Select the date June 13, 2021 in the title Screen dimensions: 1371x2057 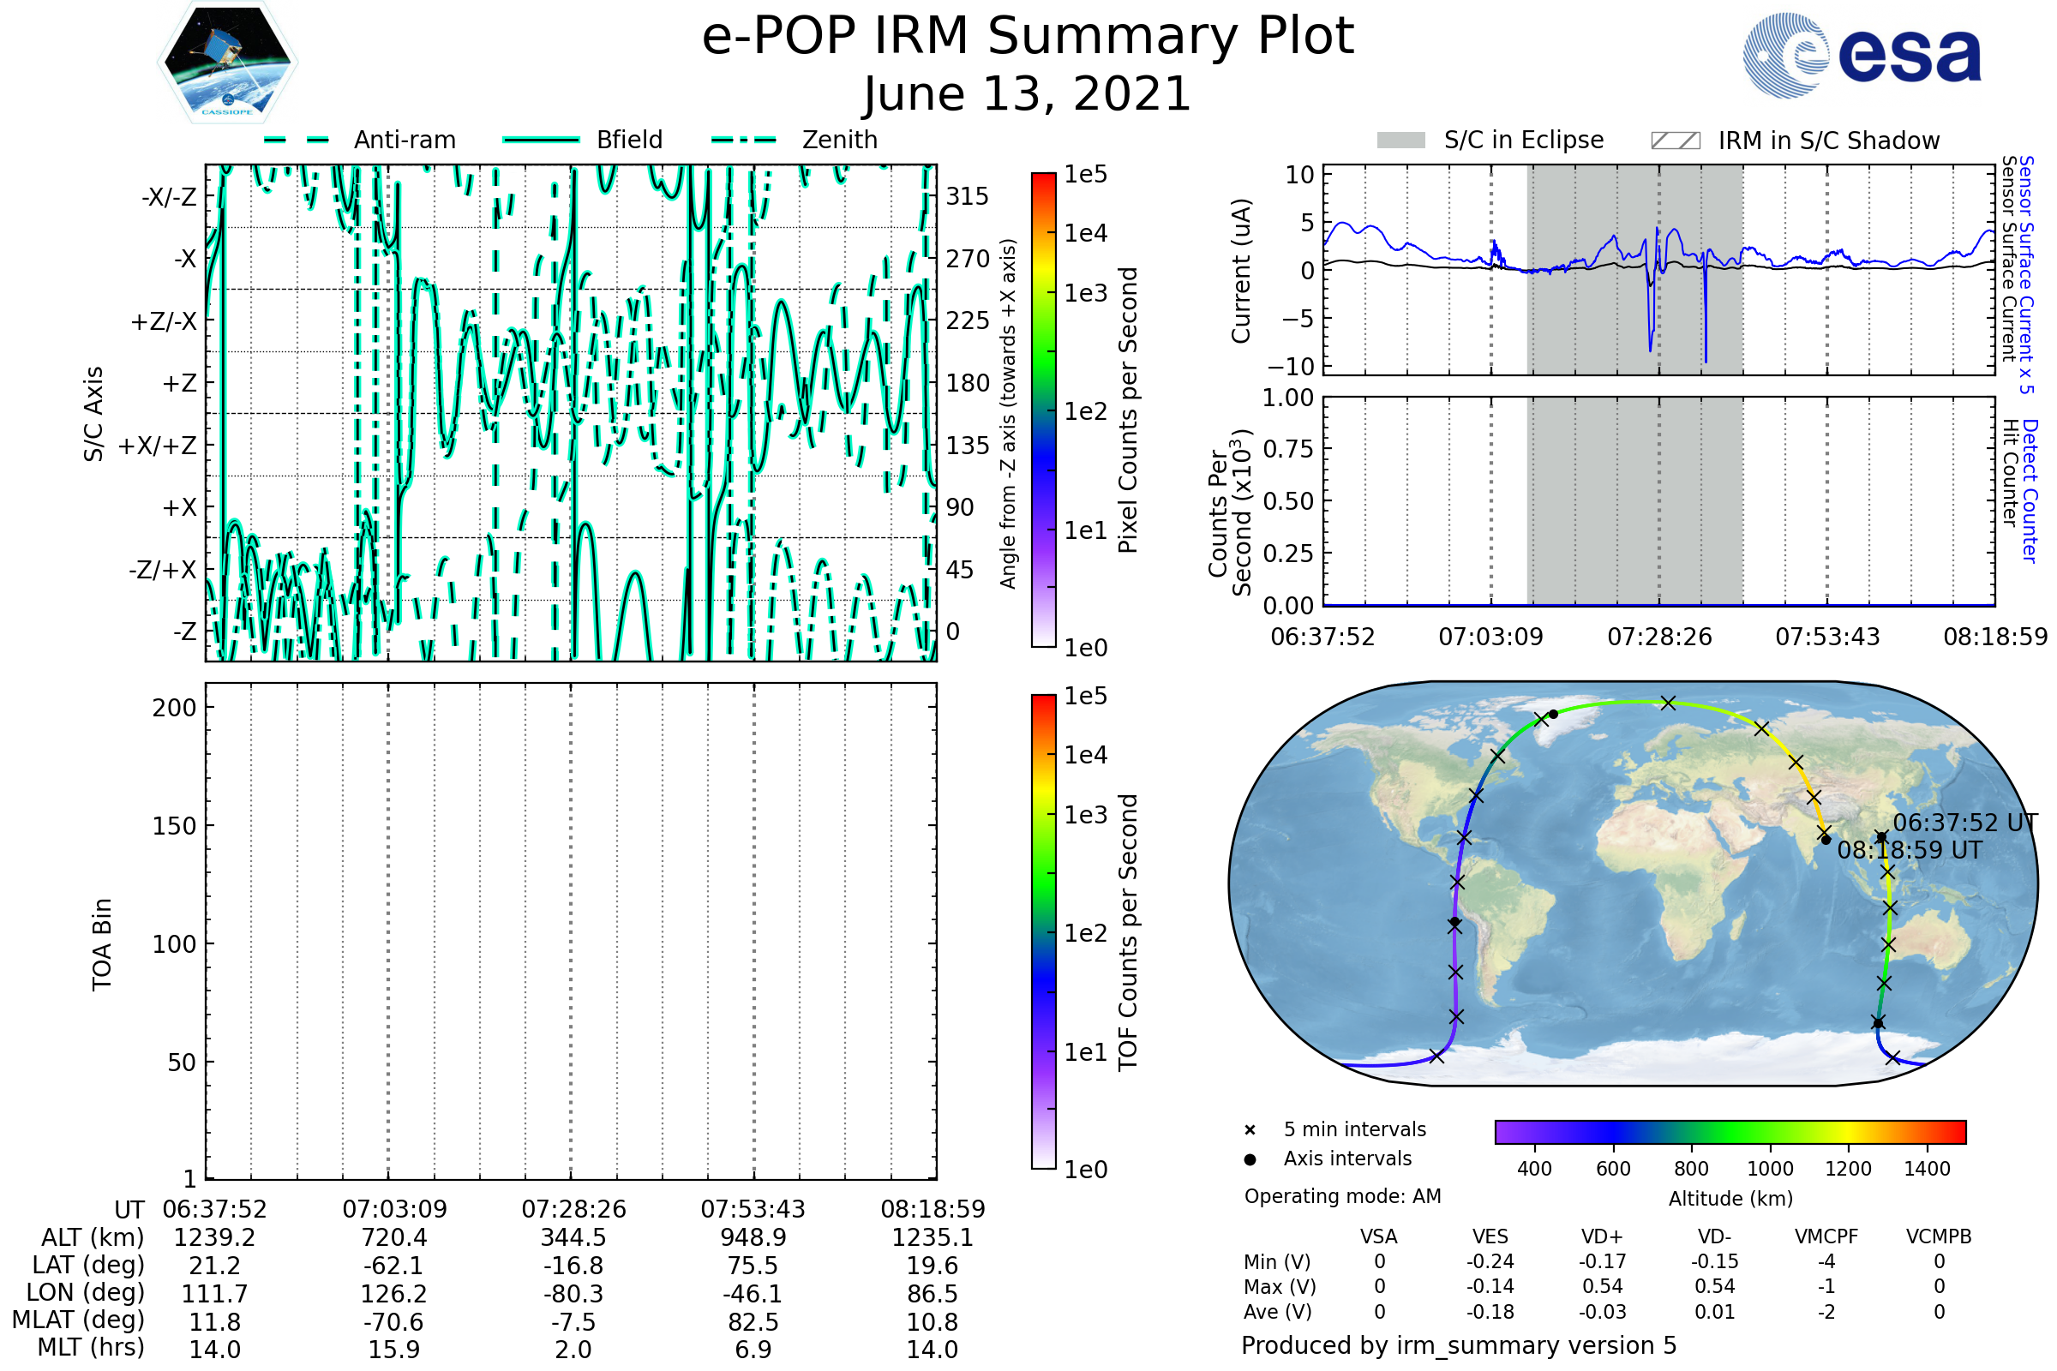point(1027,93)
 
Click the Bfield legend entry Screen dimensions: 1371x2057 point(629,140)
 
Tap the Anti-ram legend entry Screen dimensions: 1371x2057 point(404,140)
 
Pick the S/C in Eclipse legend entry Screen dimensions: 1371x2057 point(1523,140)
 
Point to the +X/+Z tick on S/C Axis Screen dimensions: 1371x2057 point(158,446)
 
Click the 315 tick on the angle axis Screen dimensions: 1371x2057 point(967,196)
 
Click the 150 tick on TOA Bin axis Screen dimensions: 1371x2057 point(174,826)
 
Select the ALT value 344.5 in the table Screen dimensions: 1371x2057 point(573,1237)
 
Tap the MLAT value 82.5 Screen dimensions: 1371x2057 point(753,1322)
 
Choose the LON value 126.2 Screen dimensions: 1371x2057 point(393,1293)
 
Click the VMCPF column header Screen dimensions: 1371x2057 point(1826,1236)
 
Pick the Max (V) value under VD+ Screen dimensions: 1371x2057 point(1602,1286)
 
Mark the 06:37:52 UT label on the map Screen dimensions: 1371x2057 point(1964,823)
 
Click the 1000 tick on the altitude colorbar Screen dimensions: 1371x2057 point(1770,1169)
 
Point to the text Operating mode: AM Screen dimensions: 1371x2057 point(1342,1196)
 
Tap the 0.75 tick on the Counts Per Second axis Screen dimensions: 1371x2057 point(1288,448)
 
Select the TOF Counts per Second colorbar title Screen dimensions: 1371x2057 point(1128,932)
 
